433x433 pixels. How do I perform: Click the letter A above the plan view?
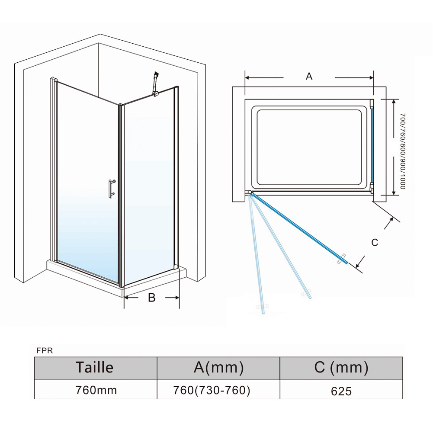pos(309,77)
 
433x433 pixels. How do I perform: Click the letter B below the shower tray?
pos(152,298)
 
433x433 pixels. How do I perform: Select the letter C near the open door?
pos(375,243)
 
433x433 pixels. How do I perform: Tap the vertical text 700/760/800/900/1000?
pos(403,151)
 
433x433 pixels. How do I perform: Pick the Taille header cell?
pos(95,368)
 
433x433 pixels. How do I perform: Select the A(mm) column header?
pos(218,368)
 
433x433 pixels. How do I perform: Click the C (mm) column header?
pos(341,368)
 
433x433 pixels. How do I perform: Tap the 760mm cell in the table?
pos(96,390)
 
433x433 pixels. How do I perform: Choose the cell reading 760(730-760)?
pos(212,390)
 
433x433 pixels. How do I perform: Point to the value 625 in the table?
pos(341,391)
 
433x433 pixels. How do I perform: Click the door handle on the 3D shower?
pos(112,189)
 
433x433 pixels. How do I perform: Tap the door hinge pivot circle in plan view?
pos(250,192)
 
